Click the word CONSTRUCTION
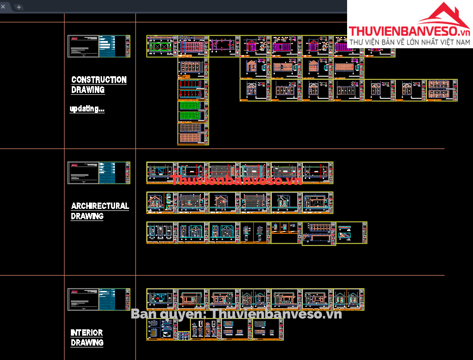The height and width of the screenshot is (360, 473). (x=99, y=80)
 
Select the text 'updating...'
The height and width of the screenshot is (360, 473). (x=87, y=109)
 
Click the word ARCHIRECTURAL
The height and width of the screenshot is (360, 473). (x=100, y=206)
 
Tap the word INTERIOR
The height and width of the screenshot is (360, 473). (x=87, y=333)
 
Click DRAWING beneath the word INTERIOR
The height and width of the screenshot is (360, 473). (x=87, y=343)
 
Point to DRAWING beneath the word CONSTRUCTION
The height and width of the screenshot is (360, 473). (x=88, y=90)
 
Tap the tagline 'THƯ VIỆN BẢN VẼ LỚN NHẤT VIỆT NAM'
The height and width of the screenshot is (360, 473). (x=410, y=42)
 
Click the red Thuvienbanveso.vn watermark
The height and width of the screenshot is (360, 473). (x=236, y=180)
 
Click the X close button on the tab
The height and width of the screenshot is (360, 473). (x=3, y=6)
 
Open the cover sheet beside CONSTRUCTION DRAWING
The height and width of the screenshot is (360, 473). (x=99, y=46)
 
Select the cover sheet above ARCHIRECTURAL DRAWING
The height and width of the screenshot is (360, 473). (x=99, y=173)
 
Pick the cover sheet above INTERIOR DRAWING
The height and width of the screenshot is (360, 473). (x=99, y=300)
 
